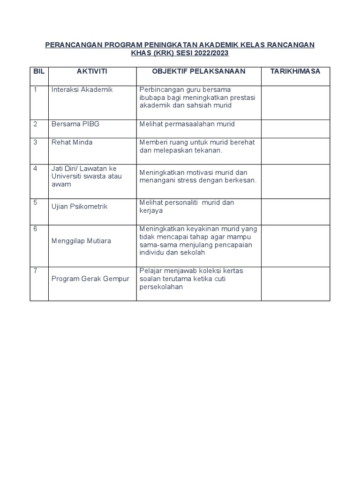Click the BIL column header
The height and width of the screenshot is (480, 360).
click(x=38, y=71)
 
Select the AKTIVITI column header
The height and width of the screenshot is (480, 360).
click(x=92, y=71)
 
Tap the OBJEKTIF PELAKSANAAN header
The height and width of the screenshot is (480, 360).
click(x=199, y=71)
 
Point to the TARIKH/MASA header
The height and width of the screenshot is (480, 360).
click(x=295, y=71)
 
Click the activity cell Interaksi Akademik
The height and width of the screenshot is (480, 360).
click(x=82, y=90)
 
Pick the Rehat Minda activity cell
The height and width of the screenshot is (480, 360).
click(x=72, y=142)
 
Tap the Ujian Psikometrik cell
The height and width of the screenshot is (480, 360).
click(x=79, y=206)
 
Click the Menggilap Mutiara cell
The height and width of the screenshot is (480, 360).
click(x=81, y=240)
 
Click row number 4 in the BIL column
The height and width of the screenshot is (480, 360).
click(x=35, y=168)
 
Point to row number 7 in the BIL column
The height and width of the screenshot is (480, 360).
click(x=35, y=270)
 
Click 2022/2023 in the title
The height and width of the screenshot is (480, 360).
click(x=212, y=53)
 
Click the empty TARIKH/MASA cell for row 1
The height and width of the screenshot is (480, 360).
click(x=295, y=102)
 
